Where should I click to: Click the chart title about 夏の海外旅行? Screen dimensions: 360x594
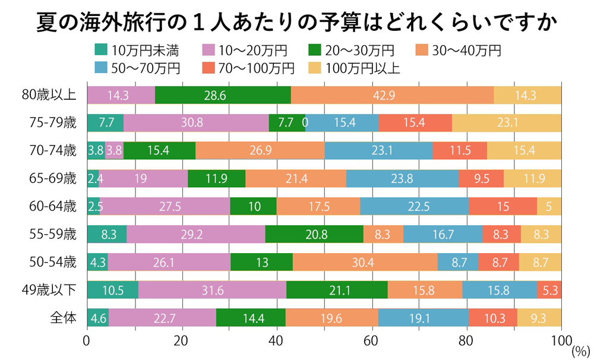(x=296, y=23)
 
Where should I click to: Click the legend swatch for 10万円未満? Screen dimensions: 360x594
(x=101, y=50)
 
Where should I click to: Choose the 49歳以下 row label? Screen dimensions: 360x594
(x=57, y=290)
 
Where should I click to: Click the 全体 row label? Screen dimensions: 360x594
(x=64, y=318)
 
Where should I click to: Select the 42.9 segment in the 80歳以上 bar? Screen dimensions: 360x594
(x=392, y=95)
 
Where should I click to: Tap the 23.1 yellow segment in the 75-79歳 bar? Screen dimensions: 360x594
(x=507, y=123)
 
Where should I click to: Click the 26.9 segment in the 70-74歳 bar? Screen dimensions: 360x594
(x=260, y=151)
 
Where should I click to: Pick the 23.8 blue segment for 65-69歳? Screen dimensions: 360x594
(x=402, y=178)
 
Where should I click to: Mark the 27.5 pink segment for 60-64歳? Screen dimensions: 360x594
(x=165, y=206)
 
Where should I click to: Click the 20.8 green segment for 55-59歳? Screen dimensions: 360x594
(x=314, y=234)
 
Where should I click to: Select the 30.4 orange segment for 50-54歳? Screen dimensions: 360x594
(x=365, y=262)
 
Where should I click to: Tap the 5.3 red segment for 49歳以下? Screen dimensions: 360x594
(x=549, y=290)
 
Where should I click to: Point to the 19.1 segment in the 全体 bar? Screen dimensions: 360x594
(x=424, y=318)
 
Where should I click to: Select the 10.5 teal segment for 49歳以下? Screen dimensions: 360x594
(x=112, y=290)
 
